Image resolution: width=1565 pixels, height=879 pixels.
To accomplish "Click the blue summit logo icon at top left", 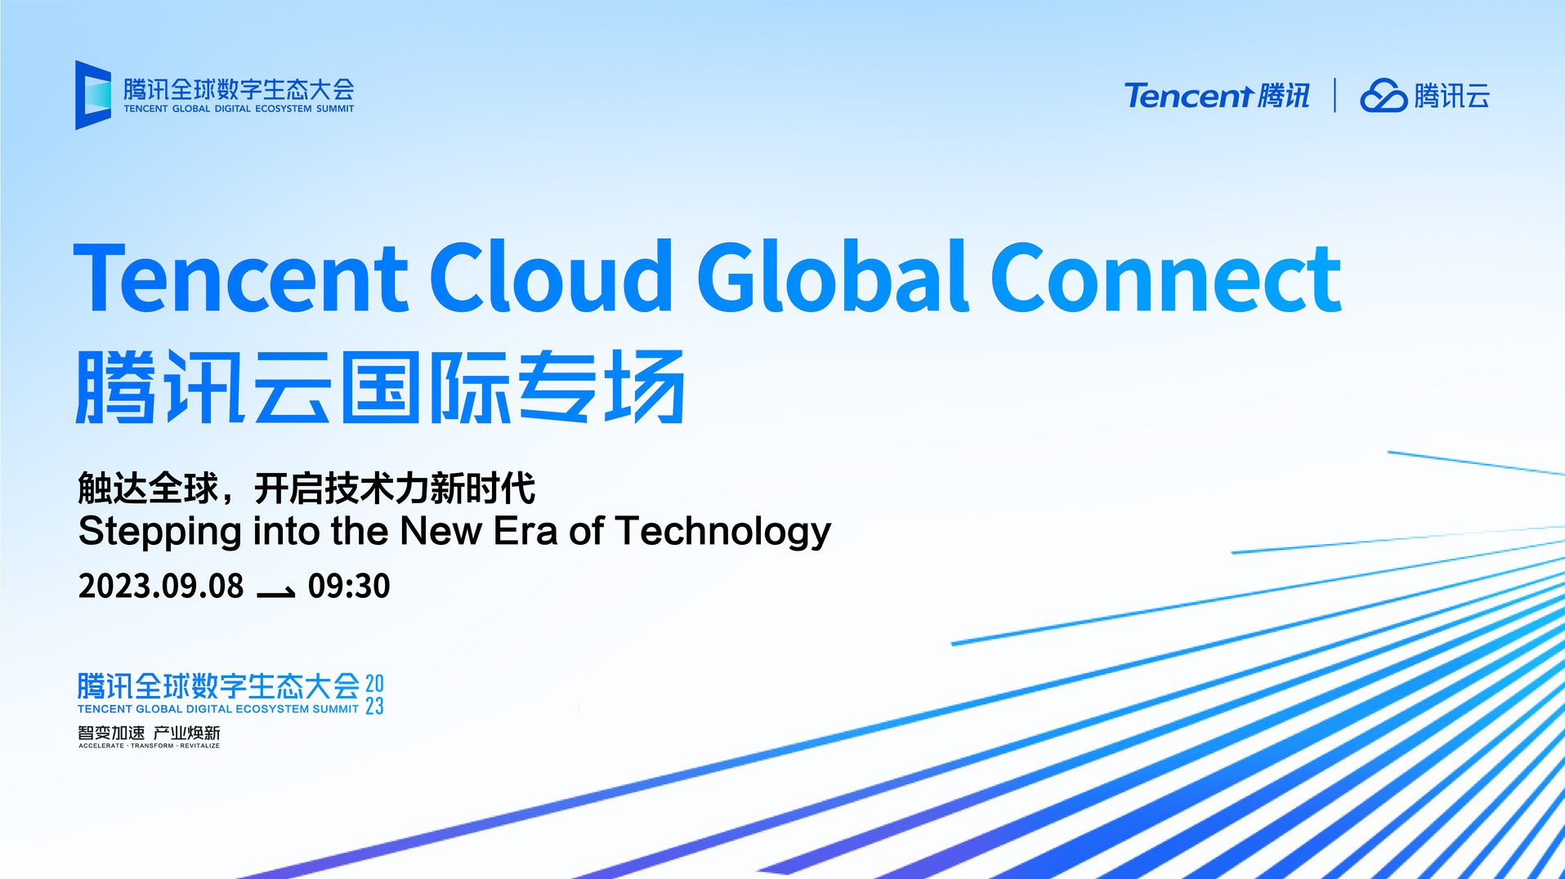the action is coord(93,95).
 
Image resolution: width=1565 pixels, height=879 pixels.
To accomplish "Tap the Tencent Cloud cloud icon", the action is coord(1383,96).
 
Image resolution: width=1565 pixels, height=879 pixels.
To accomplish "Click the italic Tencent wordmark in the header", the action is coord(1188,96).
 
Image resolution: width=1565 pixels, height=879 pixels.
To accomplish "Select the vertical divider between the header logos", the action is coord(1335,95).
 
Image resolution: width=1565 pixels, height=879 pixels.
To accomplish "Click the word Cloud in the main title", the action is coord(551,276).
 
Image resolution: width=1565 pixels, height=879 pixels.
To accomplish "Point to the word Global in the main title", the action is coord(833,276).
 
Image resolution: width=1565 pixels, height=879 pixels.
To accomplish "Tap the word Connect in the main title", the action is coord(1166,278).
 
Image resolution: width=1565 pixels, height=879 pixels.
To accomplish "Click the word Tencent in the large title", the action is coord(240,278).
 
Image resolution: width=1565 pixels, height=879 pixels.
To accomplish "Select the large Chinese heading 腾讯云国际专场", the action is coord(380,386).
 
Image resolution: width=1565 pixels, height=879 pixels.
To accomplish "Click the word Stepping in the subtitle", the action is coord(159,532).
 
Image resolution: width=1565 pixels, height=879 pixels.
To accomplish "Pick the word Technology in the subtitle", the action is coord(723,532).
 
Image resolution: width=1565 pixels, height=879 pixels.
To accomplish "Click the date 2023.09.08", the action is coord(161,586).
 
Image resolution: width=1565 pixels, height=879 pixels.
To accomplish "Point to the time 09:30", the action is coord(349,586).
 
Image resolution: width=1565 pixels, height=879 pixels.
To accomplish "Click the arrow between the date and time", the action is coord(276,592).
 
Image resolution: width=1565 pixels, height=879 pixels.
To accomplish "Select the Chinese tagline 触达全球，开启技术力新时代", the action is coord(306,489).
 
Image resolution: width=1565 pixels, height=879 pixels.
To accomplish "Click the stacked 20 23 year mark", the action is coord(374,694).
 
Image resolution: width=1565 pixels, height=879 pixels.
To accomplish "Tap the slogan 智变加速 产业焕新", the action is coord(149,733).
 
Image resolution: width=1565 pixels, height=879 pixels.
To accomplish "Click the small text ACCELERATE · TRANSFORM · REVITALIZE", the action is coord(149,746).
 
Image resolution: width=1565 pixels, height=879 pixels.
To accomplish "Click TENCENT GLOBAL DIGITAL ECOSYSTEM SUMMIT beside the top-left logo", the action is coord(239,109).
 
